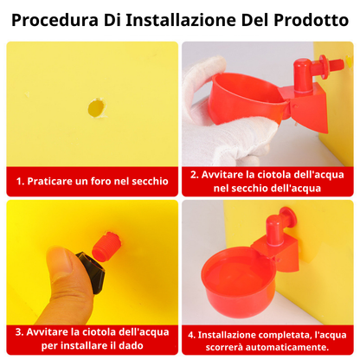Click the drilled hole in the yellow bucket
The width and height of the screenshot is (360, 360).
[x=95, y=108]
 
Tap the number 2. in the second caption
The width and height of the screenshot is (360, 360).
[x=196, y=174]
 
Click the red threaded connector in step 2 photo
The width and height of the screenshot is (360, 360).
[x=330, y=65]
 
